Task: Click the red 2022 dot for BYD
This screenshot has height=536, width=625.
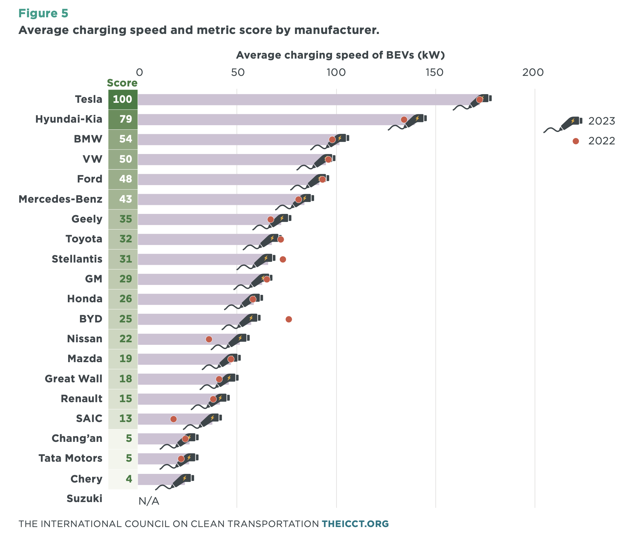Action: click(289, 319)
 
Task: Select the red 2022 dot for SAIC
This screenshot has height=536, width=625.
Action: click(173, 419)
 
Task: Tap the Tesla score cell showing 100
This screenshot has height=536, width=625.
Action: click(123, 99)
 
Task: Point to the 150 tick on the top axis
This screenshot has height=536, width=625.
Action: click(434, 72)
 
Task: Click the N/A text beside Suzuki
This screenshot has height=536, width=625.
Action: click(149, 501)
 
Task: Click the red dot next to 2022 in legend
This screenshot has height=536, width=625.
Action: click(576, 141)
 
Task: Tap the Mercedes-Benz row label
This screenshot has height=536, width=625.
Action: click(60, 199)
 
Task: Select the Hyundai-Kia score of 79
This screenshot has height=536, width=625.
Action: click(125, 119)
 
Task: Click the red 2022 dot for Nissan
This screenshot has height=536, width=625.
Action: click(209, 339)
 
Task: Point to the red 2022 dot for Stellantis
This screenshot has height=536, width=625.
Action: click(283, 259)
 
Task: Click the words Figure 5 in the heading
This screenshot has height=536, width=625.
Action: click(44, 13)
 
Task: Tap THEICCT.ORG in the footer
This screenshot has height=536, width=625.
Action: click(355, 524)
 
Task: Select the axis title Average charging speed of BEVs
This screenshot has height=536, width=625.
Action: click(340, 55)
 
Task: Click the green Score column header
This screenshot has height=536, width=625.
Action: click(122, 83)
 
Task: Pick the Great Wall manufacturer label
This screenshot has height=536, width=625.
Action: click(74, 379)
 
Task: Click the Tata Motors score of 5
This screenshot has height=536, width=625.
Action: click(129, 458)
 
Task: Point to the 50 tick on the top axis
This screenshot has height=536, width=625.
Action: click(238, 72)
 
